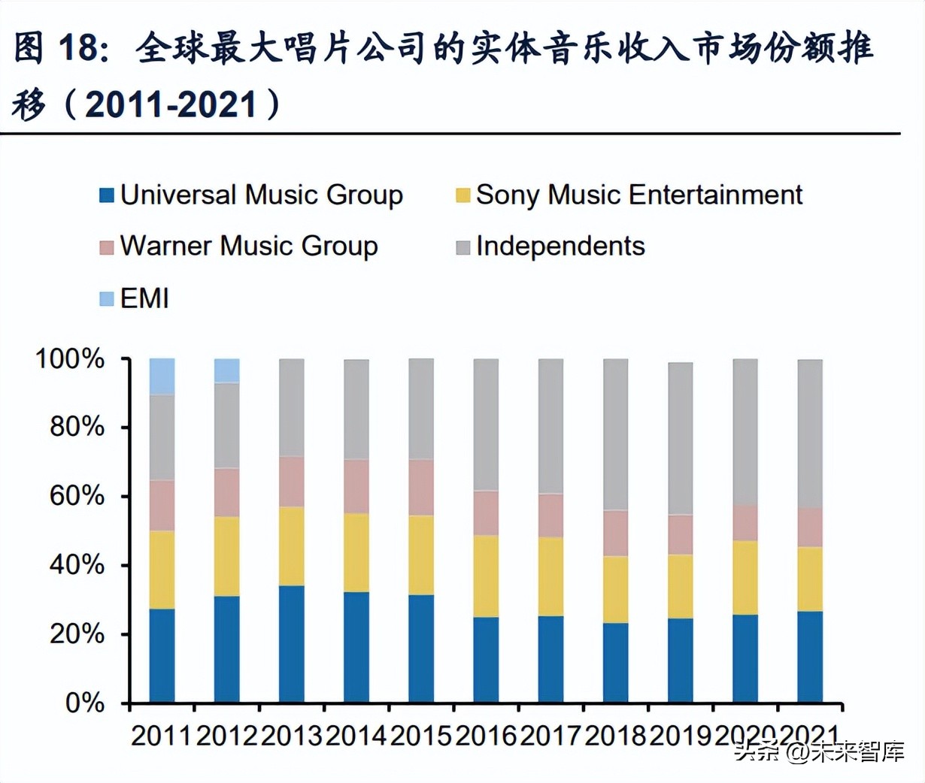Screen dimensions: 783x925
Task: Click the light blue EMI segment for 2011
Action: [x=162, y=376]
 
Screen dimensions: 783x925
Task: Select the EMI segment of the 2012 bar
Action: [x=226, y=370]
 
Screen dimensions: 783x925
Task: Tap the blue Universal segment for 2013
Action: [x=291, y=644]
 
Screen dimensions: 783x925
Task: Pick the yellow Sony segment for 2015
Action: [x=421, y=555]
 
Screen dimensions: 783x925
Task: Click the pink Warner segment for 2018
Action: [x=615, y=533]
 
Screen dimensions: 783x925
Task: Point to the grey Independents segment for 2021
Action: [x=810, y=433]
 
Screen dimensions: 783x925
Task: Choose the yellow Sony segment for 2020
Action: [x=745, y=577]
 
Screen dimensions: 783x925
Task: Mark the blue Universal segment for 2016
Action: [x=486, y=659]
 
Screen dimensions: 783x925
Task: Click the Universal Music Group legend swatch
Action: [x=107, y=195]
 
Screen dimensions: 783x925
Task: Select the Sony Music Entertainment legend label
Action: [x=638, y=195]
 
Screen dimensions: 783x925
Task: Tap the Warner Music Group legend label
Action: [x=248, y=246]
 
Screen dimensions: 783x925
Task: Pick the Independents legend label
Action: [x=560, y=246]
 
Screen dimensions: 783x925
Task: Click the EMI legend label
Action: [x=144, y=298]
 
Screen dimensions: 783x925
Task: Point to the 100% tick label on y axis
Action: [x=70, y=359]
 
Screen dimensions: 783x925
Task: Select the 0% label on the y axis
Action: [x=84, y=703]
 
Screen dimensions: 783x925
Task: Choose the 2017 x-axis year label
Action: [x=551, y=736]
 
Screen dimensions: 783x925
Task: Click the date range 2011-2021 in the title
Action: [x=172, y=104]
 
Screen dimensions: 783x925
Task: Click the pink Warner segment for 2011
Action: [x=162, y=505]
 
